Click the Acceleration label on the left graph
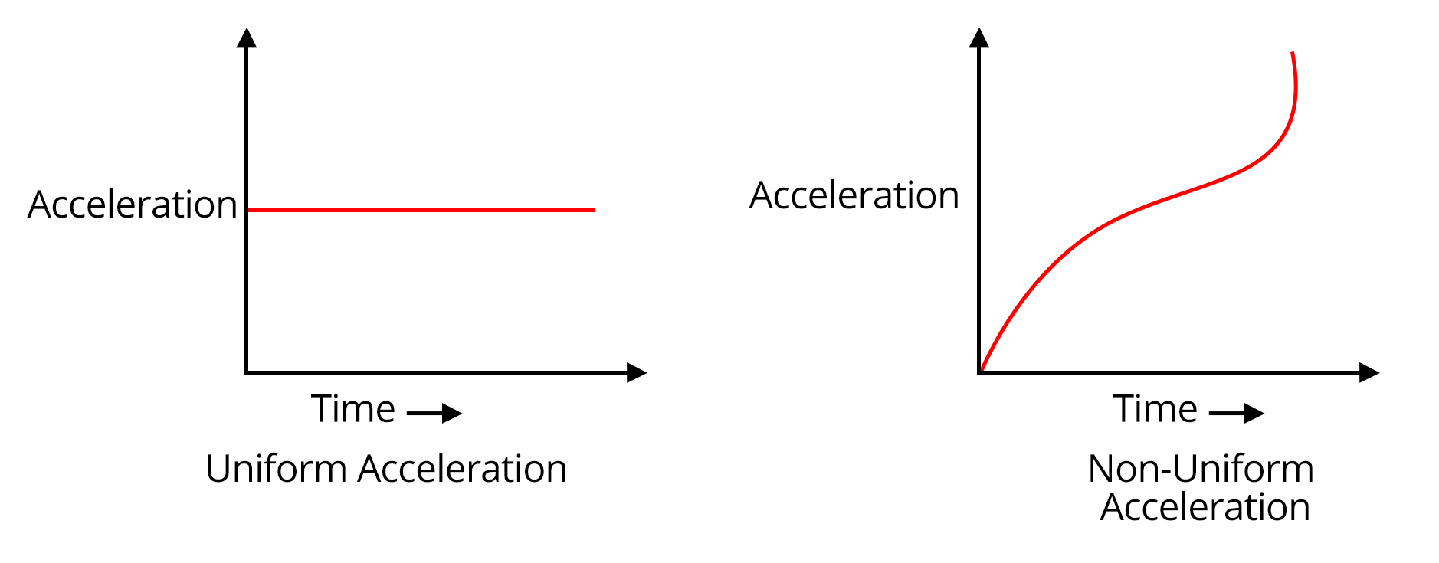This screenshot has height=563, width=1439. tap(133, 205)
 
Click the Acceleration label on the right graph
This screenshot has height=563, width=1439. tap(854, 196)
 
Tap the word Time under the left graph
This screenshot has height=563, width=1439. tap(353, 409)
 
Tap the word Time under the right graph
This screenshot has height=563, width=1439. tap(1155, 409)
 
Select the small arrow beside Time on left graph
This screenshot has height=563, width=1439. tap(434, 414)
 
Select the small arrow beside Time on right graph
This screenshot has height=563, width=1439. tap(1237, 414)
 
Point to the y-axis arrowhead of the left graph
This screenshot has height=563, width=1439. tap(247, 38)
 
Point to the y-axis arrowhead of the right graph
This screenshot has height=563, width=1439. tap(979, 38)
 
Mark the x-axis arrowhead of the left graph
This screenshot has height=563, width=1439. tap(637, 373)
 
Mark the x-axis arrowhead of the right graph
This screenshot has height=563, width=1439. tap(1369, 373)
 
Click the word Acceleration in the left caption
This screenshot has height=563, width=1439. tap(462, 469)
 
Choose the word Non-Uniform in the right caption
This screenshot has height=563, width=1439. tap(1201, 469)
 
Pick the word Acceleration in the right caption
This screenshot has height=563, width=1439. tap(1205, 507)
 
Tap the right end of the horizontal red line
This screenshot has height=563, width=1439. tap(592, 210)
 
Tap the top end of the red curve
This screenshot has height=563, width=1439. tap(1293, 54)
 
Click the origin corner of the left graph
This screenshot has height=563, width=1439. tap(247, 373)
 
